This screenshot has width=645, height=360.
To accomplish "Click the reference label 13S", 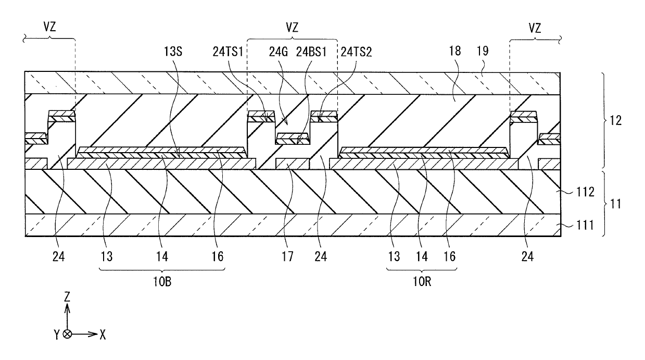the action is click(x=173, y=52).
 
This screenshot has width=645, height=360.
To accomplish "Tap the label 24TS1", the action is click(x=228, y=52).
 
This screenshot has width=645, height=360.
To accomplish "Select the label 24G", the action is click(x=279, y=52).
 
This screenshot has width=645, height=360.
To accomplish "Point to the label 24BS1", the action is click(x=311, y=52).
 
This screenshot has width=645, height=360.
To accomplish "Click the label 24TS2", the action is click(x=356, y=52).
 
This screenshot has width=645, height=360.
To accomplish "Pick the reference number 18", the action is click(x=455, y=51).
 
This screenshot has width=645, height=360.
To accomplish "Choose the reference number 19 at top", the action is click(x=483, y=51).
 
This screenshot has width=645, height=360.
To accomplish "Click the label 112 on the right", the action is click(x=585, y=192).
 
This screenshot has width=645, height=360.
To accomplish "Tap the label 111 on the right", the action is click(x=585, y=225).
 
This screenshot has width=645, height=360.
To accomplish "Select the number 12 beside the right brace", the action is click(x=616, y=120).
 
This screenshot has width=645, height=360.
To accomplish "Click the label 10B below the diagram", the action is click(x=162, y=282).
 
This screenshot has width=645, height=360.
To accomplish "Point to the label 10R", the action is click(x=422, y=282).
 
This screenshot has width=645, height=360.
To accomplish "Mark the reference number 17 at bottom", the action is click(x=287, y=256).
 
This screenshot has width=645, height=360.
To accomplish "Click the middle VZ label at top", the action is click(x=292, y=28).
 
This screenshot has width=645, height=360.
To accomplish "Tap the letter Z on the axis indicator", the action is click(x=67, y=297).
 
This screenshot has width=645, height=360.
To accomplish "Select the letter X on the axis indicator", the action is click(x=103, y=335).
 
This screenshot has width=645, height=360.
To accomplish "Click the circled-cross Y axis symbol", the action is click(x=67, y=334).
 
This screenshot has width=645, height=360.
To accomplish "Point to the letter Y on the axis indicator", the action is click(x=57, y=335).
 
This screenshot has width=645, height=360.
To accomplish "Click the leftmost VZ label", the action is click(x=49, y=27).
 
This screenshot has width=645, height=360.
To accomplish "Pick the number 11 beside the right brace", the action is click(x=616, y=204).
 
